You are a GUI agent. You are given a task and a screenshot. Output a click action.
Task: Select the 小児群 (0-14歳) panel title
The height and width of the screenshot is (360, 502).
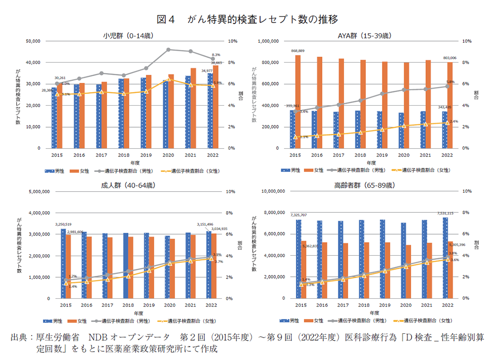[129, 35]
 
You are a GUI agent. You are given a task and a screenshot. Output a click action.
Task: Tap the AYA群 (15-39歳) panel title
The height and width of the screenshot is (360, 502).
[371, 35]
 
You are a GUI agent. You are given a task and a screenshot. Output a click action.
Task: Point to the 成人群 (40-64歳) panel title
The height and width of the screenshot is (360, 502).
[129, 185]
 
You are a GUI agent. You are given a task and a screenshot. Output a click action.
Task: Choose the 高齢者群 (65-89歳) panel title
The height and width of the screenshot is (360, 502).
[371, 185]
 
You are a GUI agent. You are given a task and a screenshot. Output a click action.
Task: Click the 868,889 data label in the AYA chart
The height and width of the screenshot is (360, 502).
[298, 50]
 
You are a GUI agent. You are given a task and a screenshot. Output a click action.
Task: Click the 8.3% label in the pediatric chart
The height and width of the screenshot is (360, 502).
[216, 55]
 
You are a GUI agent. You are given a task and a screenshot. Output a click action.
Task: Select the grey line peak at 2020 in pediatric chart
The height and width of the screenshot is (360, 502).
[169, 49]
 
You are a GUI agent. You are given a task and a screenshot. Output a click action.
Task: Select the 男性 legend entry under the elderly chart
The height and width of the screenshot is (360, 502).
[291, 320]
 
